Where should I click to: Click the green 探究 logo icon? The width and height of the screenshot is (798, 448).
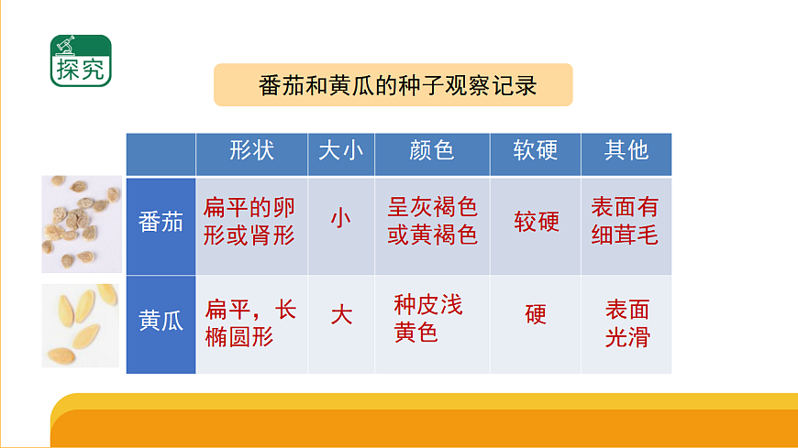click(81, 60)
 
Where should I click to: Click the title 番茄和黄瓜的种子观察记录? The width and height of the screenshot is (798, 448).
click(393, 85)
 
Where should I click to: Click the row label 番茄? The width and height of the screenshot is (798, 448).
click(161, 222)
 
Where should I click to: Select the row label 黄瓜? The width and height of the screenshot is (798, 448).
click(161, 322)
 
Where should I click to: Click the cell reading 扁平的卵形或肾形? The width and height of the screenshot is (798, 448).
click(249, 222)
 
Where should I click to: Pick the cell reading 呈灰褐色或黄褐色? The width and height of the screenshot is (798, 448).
click(432, 222)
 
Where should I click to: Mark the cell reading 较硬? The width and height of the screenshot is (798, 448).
click(536, 222)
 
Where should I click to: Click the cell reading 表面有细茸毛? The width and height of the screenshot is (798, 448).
click(626, 222)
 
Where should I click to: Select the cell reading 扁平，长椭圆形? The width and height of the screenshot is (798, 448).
click(249, 322)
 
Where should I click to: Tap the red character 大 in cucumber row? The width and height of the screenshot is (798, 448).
click(340, 316)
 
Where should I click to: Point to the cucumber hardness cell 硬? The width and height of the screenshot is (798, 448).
click(536, 316)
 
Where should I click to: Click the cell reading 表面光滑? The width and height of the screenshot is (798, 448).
click(626, 323)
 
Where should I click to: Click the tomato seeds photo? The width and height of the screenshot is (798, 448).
click(82, 224)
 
